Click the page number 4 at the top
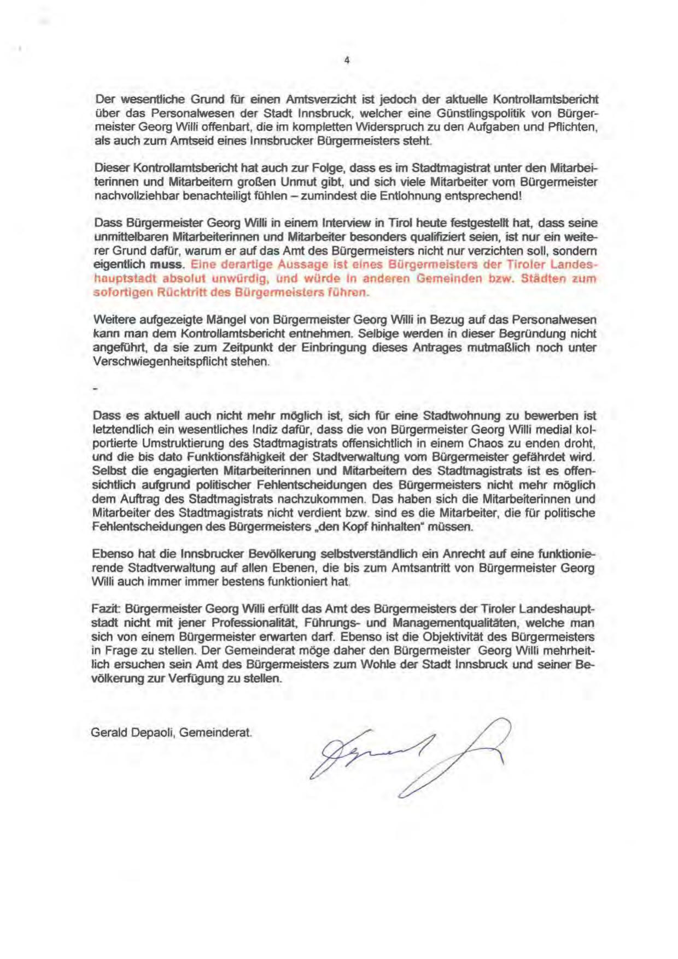[x=347, y=60]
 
